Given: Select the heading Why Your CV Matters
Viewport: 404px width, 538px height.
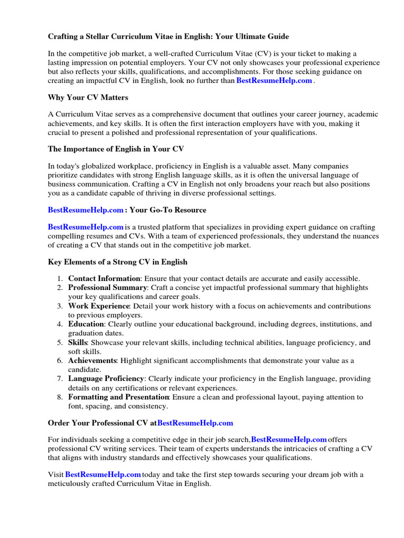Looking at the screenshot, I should [88, 98].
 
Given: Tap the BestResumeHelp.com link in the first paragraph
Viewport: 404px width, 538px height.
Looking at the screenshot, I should [274, 81].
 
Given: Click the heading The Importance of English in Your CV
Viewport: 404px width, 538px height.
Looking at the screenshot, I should [116, 149].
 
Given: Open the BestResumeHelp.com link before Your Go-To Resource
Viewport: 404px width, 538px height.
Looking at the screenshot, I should [86, 210].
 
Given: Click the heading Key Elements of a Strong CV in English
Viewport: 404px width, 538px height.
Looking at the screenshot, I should [117, 262].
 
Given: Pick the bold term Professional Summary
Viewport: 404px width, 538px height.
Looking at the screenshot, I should [107, 288].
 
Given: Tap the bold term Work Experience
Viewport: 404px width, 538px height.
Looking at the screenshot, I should [98, 306].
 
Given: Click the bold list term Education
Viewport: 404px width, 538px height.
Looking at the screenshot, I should [86, 324].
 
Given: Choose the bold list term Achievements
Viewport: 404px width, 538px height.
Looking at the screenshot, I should [92, 360].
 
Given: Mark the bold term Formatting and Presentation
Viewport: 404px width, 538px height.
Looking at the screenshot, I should [118, 397].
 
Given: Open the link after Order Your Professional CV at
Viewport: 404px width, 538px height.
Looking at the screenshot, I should [195, 422].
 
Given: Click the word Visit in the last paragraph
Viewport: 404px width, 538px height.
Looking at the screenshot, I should [56, 474].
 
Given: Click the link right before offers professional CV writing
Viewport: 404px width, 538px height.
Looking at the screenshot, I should [289, 439].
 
